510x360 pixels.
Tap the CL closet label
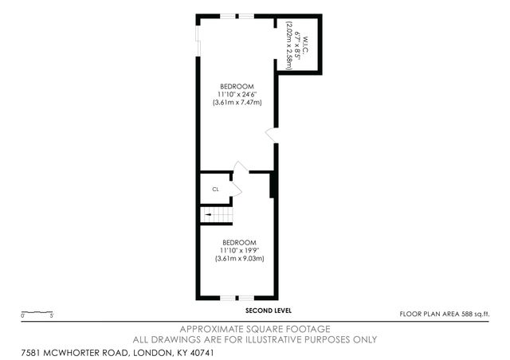click(215, 190)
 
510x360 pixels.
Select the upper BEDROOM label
click(237, 86)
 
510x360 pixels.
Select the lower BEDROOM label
click(239, 242)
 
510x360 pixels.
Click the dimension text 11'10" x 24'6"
click(237, 94)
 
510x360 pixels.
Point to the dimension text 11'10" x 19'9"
click(239, 250)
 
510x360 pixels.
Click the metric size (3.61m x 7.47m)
click(237, 102)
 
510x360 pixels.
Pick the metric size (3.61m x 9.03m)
click(239, 258)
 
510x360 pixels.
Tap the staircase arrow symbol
click(210, 214)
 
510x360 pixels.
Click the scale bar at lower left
click(37, 312)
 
